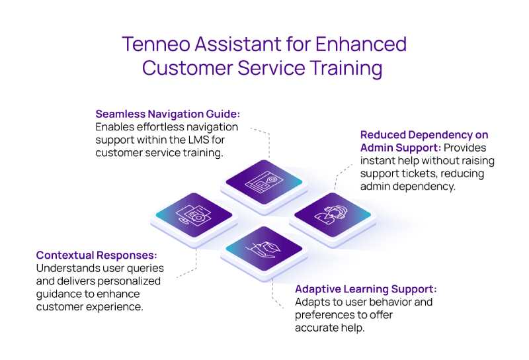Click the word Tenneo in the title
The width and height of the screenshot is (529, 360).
(156, 44)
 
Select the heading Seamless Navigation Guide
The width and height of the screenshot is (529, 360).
(168, 114)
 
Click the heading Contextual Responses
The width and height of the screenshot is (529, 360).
(97, 255)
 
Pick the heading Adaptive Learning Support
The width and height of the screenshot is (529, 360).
(366, 289)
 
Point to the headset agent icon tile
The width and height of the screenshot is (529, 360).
(333, 215)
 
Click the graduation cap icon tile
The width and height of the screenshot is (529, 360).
(264, 249)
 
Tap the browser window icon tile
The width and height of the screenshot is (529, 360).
(264, 182)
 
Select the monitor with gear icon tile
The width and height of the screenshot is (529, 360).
(194, 215)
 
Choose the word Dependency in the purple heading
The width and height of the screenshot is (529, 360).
(440, 135)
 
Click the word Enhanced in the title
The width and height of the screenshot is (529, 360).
(361, 44)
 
